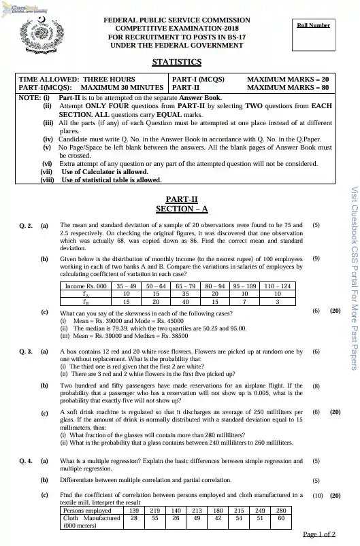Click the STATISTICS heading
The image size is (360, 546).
coord(176,62)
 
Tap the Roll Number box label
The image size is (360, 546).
coord(313,25)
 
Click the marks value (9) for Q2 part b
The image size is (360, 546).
coord(316,239)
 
